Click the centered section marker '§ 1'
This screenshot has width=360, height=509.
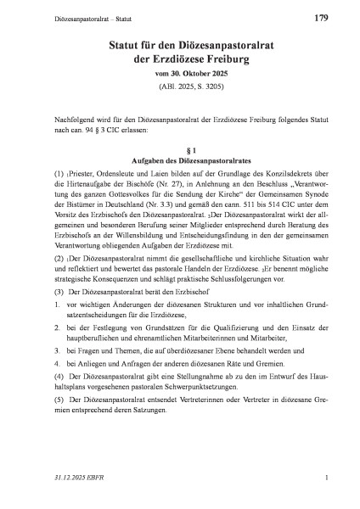click(x=179, y=149)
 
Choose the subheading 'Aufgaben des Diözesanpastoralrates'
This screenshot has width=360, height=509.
click(x=179, y=162)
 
